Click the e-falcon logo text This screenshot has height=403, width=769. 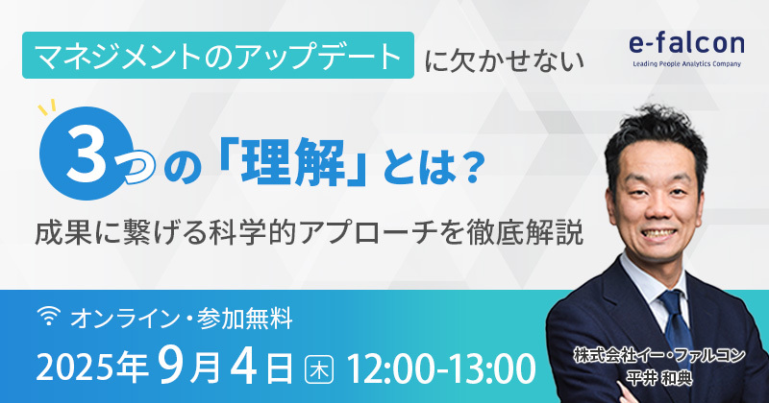pos(686,44)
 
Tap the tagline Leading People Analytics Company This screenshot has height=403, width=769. pos(686,63)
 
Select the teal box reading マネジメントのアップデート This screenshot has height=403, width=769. pos(218,56)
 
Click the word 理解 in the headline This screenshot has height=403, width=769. pos(293,161)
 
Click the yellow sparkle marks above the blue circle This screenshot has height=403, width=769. pos(47,107)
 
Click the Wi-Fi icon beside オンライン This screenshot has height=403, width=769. pos(49,317)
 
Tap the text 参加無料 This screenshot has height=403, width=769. pos(245,320)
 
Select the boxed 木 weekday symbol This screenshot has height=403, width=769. pos(319,369)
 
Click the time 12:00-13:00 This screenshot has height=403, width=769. pos(441,368)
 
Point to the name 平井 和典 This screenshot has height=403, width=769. pos(659,378)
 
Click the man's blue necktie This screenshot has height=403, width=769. pos(677,323)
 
